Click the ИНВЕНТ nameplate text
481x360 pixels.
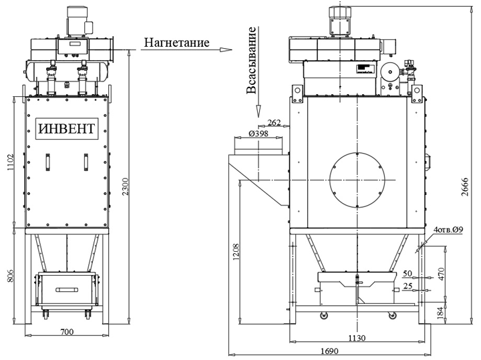pos(67,128)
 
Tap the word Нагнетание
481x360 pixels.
pos(176,42)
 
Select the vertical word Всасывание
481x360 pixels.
pos(251,60)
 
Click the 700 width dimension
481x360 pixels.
pos(67,332)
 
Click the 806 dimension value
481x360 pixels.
pos(9,276)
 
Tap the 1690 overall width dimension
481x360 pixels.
pos(329,351)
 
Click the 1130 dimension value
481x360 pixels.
pos(357,338)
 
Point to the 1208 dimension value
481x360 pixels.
pos(236,252)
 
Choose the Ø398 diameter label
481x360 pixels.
pos(259,134)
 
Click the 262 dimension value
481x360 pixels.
pos(274,123)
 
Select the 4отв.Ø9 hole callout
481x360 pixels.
pos(448,229)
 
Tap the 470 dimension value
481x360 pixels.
pos(441,275)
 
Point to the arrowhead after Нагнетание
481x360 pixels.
pos(226,49)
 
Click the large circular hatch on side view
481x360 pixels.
pos(357,180)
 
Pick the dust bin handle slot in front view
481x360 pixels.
pos(67,290)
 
